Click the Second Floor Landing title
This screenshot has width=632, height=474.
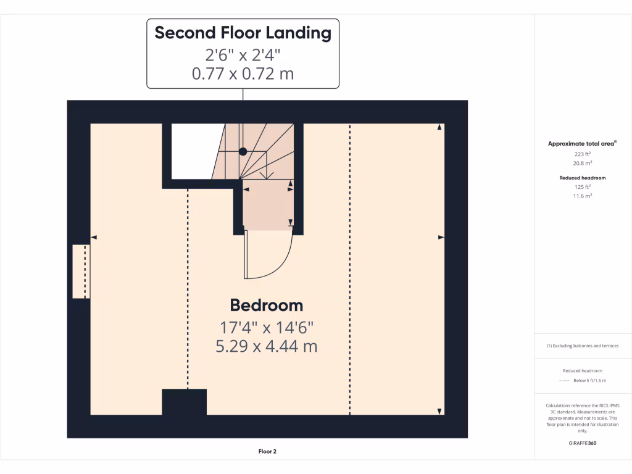pos(243,33)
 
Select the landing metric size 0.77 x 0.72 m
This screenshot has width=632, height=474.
pos(243,74)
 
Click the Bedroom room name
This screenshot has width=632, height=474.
pos(266,305)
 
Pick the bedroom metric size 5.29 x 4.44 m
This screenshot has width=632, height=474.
pos(266,346)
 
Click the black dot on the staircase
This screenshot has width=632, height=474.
pos(243,151)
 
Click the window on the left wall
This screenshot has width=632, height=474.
pos(81,272)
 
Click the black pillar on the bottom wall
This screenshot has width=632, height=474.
pos(184,402)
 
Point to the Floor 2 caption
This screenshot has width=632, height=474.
pos(267,451)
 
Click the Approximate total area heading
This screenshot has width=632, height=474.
pos(582,144)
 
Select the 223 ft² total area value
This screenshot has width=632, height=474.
pos(583,154)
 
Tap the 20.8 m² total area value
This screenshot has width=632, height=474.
pos(583,164)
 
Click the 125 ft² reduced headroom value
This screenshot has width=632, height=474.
pos(583,186)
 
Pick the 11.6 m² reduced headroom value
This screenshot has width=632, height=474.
pos(583,196)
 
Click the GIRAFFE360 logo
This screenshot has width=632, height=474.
pos(583,443)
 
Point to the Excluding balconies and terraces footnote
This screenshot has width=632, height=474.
pos(583,346)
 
